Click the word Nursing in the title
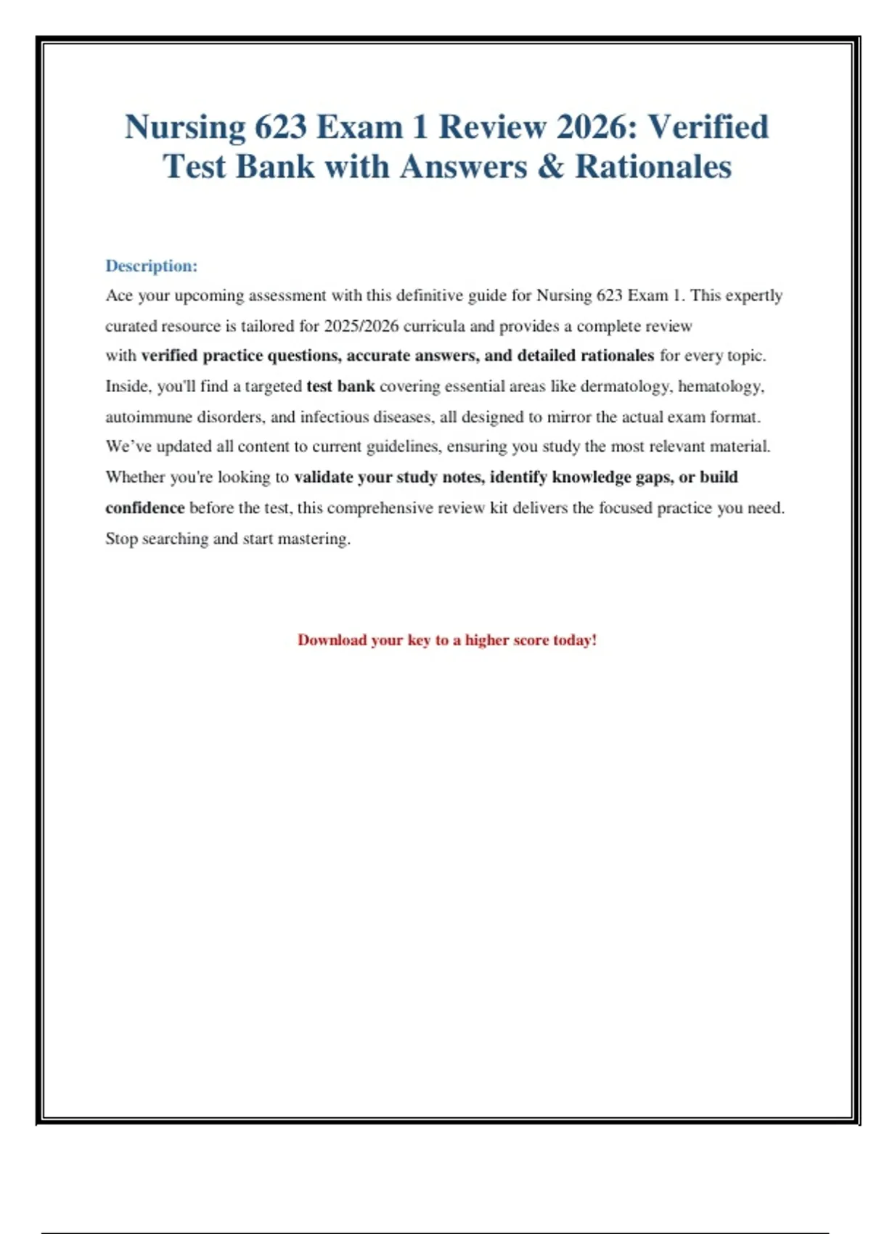(x=185, y=128)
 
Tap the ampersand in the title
(x=551, y=167)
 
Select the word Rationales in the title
(x=653, y=167)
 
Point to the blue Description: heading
(x=151, y=266)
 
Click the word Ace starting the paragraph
(x=119, y=295)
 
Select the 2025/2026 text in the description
(x=361, y=326)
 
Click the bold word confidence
(x=145, y=507)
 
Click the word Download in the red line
(x=332, y=640)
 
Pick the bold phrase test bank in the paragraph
(x=340, y=386)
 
